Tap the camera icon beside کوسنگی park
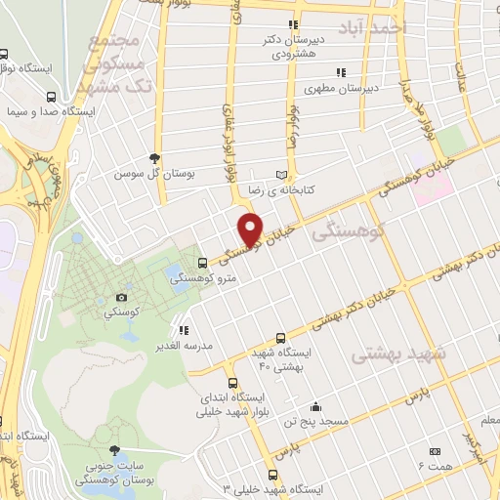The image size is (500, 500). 121,297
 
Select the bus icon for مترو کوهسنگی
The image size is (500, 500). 202,263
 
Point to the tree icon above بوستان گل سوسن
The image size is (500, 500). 154,157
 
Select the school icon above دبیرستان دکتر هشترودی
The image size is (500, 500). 291,25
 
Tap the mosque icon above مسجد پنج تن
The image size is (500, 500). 314,406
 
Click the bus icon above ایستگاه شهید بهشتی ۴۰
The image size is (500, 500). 281,335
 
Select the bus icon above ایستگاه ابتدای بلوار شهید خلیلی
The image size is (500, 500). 232,383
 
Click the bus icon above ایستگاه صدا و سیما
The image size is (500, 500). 50,97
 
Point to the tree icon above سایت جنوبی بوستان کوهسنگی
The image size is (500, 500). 116,450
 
